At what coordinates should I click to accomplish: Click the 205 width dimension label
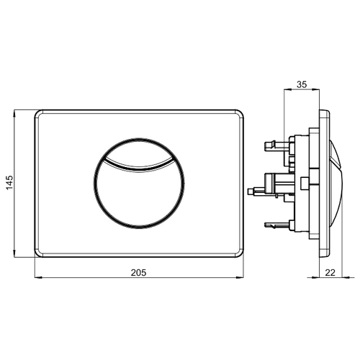pos(138,273)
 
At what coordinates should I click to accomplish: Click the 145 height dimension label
pos(9,183)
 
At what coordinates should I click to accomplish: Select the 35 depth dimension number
pos(302,84)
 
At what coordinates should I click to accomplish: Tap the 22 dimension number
pos(330,273)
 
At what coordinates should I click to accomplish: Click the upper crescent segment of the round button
pos(139,150)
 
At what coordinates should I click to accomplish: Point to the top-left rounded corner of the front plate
pos(38,114)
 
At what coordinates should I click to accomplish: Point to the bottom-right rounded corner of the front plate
pos(240,253)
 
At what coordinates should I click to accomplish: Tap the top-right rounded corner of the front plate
pos(240,114)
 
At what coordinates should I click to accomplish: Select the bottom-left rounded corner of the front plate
pos(38,253)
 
